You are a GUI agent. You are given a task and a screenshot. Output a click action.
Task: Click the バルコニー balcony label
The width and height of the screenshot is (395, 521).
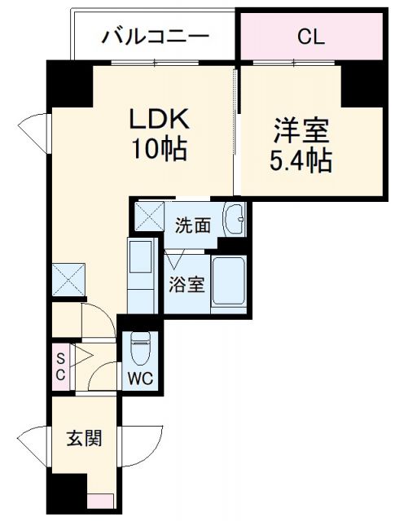(155, 37)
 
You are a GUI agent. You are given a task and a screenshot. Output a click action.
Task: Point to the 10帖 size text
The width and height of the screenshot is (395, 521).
(160, 149)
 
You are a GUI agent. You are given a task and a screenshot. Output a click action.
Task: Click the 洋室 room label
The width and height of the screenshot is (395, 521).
(301, 131)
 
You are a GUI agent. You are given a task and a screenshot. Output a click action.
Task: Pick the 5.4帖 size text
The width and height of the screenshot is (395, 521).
(301, 160)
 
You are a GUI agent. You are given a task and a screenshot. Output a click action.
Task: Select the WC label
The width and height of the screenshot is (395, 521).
(140, 378)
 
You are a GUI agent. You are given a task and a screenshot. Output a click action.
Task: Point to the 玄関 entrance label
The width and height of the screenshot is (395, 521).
(84, 440)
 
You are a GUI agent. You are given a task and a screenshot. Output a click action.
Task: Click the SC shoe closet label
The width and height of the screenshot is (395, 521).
(59, 364)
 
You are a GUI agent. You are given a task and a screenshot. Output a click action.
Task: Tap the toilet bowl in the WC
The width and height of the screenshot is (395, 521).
(139, 348)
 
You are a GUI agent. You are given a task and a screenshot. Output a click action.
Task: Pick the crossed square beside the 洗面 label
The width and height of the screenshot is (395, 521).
(150, 217)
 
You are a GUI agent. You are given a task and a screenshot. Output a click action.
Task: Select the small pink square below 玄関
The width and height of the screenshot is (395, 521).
(100, 502)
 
